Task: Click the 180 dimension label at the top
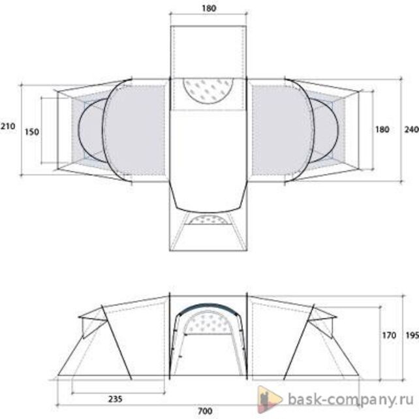tap(209, 8)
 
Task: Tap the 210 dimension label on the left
tap(8, 126)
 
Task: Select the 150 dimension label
tap(32, 132)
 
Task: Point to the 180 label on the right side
tap(382, 130)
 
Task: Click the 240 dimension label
tap(412, 130)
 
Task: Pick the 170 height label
tap(389, 335)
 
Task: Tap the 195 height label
tap(412, 335)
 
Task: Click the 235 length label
tap(116, 399)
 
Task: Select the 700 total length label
tap(205, 411)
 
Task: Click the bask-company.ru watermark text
tap(351, 400)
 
